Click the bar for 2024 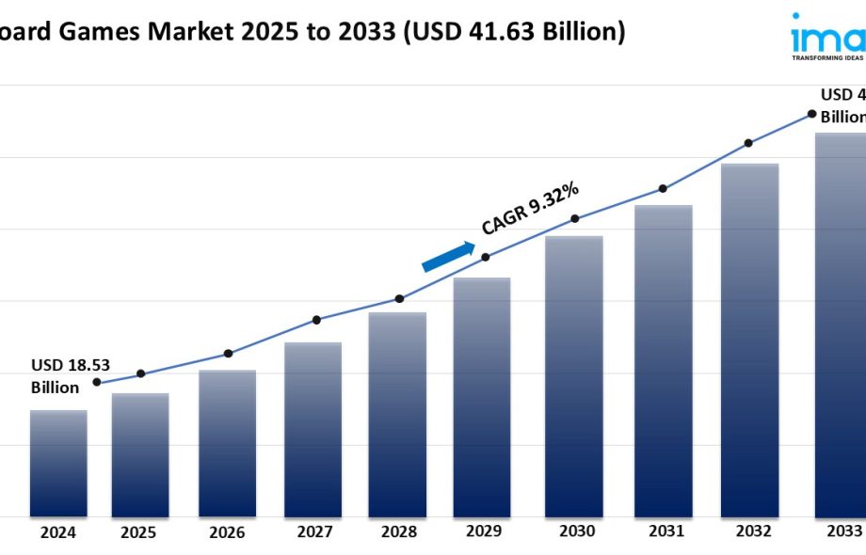58,463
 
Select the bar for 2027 313,429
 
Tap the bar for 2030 574,375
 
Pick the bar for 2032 749,340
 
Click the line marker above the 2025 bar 141,373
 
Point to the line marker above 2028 399,298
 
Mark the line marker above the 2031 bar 664,188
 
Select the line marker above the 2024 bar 97,382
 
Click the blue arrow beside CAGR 449,256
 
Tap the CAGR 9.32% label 530,209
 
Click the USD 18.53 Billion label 63,376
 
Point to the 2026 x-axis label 227,532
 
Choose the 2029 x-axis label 484,531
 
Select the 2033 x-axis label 843,531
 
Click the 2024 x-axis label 58,532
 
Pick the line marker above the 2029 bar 486,257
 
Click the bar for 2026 227,443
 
